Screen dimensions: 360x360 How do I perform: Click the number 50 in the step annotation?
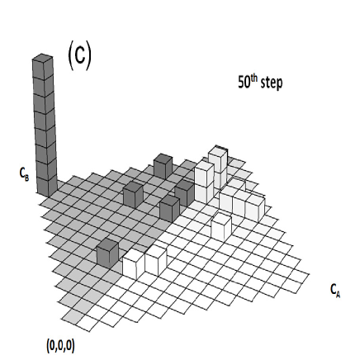click(244, 84)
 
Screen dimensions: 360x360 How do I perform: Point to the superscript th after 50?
click(256, 80)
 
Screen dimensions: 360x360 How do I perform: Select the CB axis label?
click(24, 174)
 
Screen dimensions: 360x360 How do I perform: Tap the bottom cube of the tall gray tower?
click(45, 183)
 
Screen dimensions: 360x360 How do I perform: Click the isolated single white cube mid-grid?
click(220, 225)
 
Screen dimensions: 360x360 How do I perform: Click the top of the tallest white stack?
click(218, 155)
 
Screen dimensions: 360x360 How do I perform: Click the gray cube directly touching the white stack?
click(184, 192)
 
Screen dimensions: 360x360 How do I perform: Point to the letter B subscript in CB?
click(27, 177)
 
